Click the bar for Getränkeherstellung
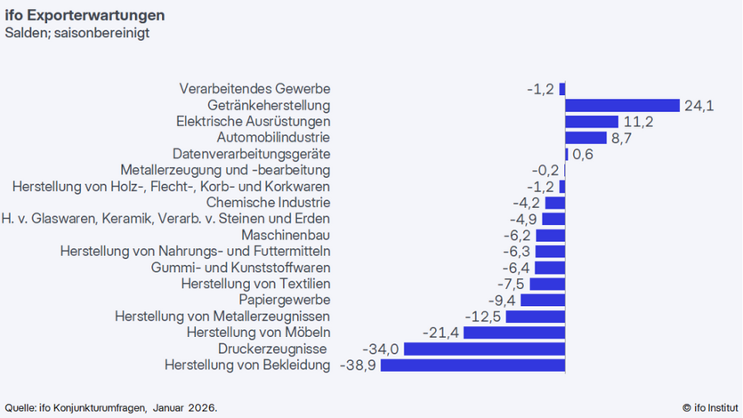click(x=622, y=105)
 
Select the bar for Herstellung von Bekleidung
click(x=472, y=366)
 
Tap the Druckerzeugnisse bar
click(x=484, y=349)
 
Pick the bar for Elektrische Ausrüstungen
click(x=592, y=122)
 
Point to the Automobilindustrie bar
click(x=586, y=138)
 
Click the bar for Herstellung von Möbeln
click(x=514, y=333)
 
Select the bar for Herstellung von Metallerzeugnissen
click(x=536, y=317)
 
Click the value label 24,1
click(x=699, y=106)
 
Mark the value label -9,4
click(x=500, y=301)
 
